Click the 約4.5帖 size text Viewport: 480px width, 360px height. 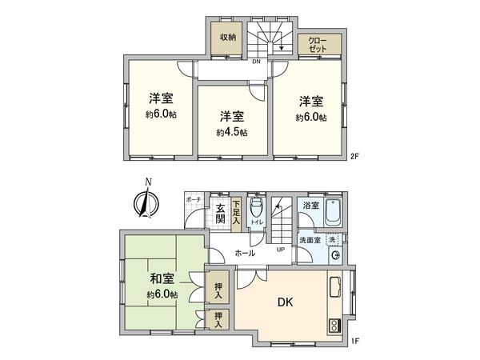(231, 132)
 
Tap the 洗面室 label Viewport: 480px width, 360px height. (310, 240)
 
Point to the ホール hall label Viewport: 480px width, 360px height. (245, 253)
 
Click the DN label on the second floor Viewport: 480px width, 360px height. (256, 61)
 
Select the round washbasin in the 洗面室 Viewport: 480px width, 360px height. (334, 256)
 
